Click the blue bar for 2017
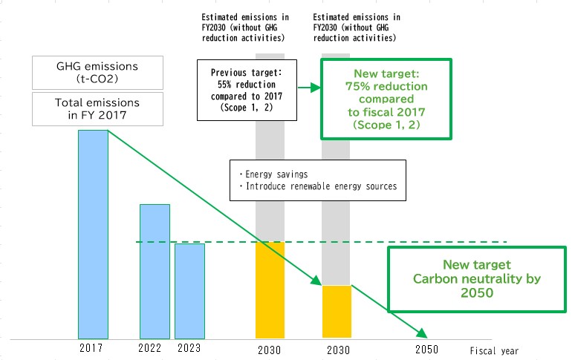point(93,235)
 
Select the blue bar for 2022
point(155,272)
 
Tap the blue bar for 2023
point(189,291)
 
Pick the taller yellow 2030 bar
point(270,290)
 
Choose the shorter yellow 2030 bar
point(337,312)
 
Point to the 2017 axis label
point(91,347)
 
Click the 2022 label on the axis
point(149,347)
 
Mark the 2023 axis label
point(189,347)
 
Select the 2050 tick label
point(427,350)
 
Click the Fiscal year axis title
point(494,351)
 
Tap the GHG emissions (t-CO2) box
point(97,73)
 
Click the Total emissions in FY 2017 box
point(97,109)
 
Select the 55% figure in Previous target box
point(224,85)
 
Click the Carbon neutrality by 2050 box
point(477,279)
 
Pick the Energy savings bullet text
point(273,174)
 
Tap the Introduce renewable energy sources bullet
point(318,186)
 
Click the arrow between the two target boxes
point(309,88)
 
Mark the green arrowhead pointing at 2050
point(423,333)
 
